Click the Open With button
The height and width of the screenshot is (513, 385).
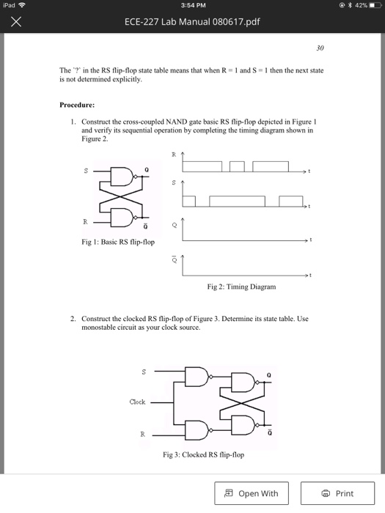pos(251,493)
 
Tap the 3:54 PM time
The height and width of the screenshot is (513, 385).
pos(192,6)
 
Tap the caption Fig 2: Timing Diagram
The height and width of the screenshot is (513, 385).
pos(241,287)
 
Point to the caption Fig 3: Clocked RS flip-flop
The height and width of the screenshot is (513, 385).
pos(203,454)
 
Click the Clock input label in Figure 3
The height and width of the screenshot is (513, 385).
pos(137,402)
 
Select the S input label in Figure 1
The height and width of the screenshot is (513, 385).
pos(85,171)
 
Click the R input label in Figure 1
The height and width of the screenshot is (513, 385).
pos(85,219)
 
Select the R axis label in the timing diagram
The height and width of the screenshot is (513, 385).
pos(174,155)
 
